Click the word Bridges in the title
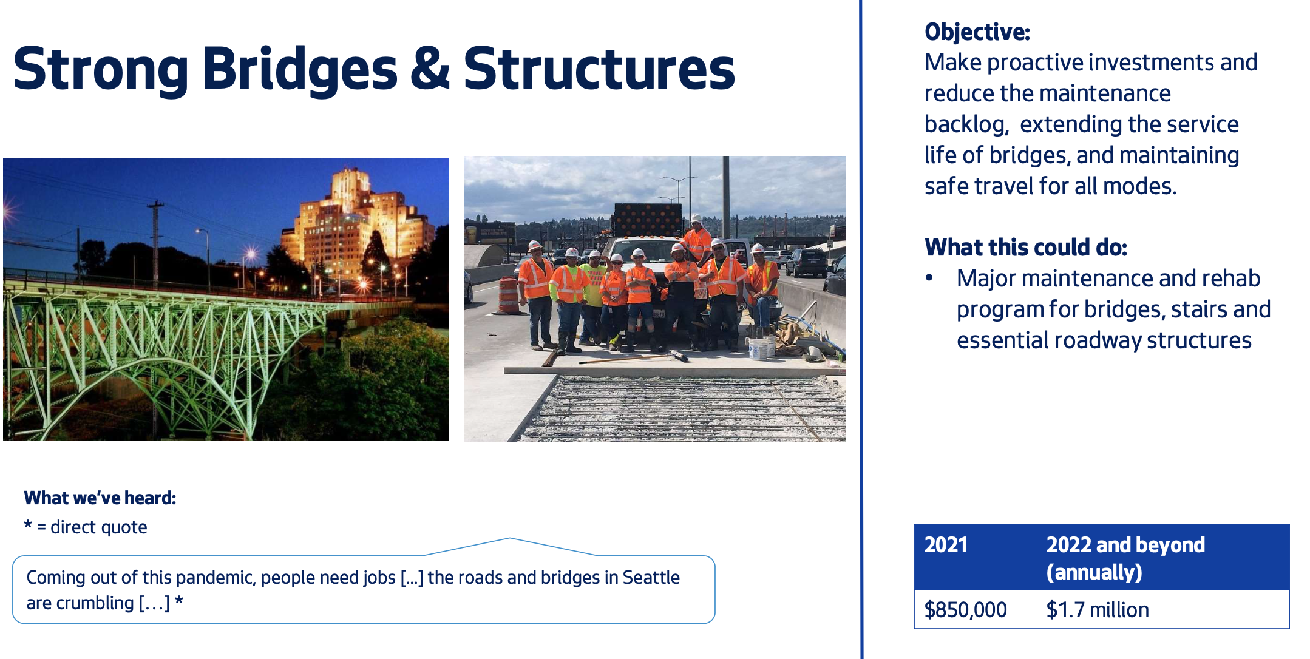point(299,70)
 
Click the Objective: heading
point(977,32)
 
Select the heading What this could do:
point(1025,247)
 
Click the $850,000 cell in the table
point(965,609)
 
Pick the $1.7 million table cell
point(1097,609)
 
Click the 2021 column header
point(945,544)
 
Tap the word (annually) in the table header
point(1094,572)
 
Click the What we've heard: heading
point(100,498)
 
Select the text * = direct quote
point(86,527)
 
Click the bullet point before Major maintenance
point(929,278)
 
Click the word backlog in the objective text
point(965,124)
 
